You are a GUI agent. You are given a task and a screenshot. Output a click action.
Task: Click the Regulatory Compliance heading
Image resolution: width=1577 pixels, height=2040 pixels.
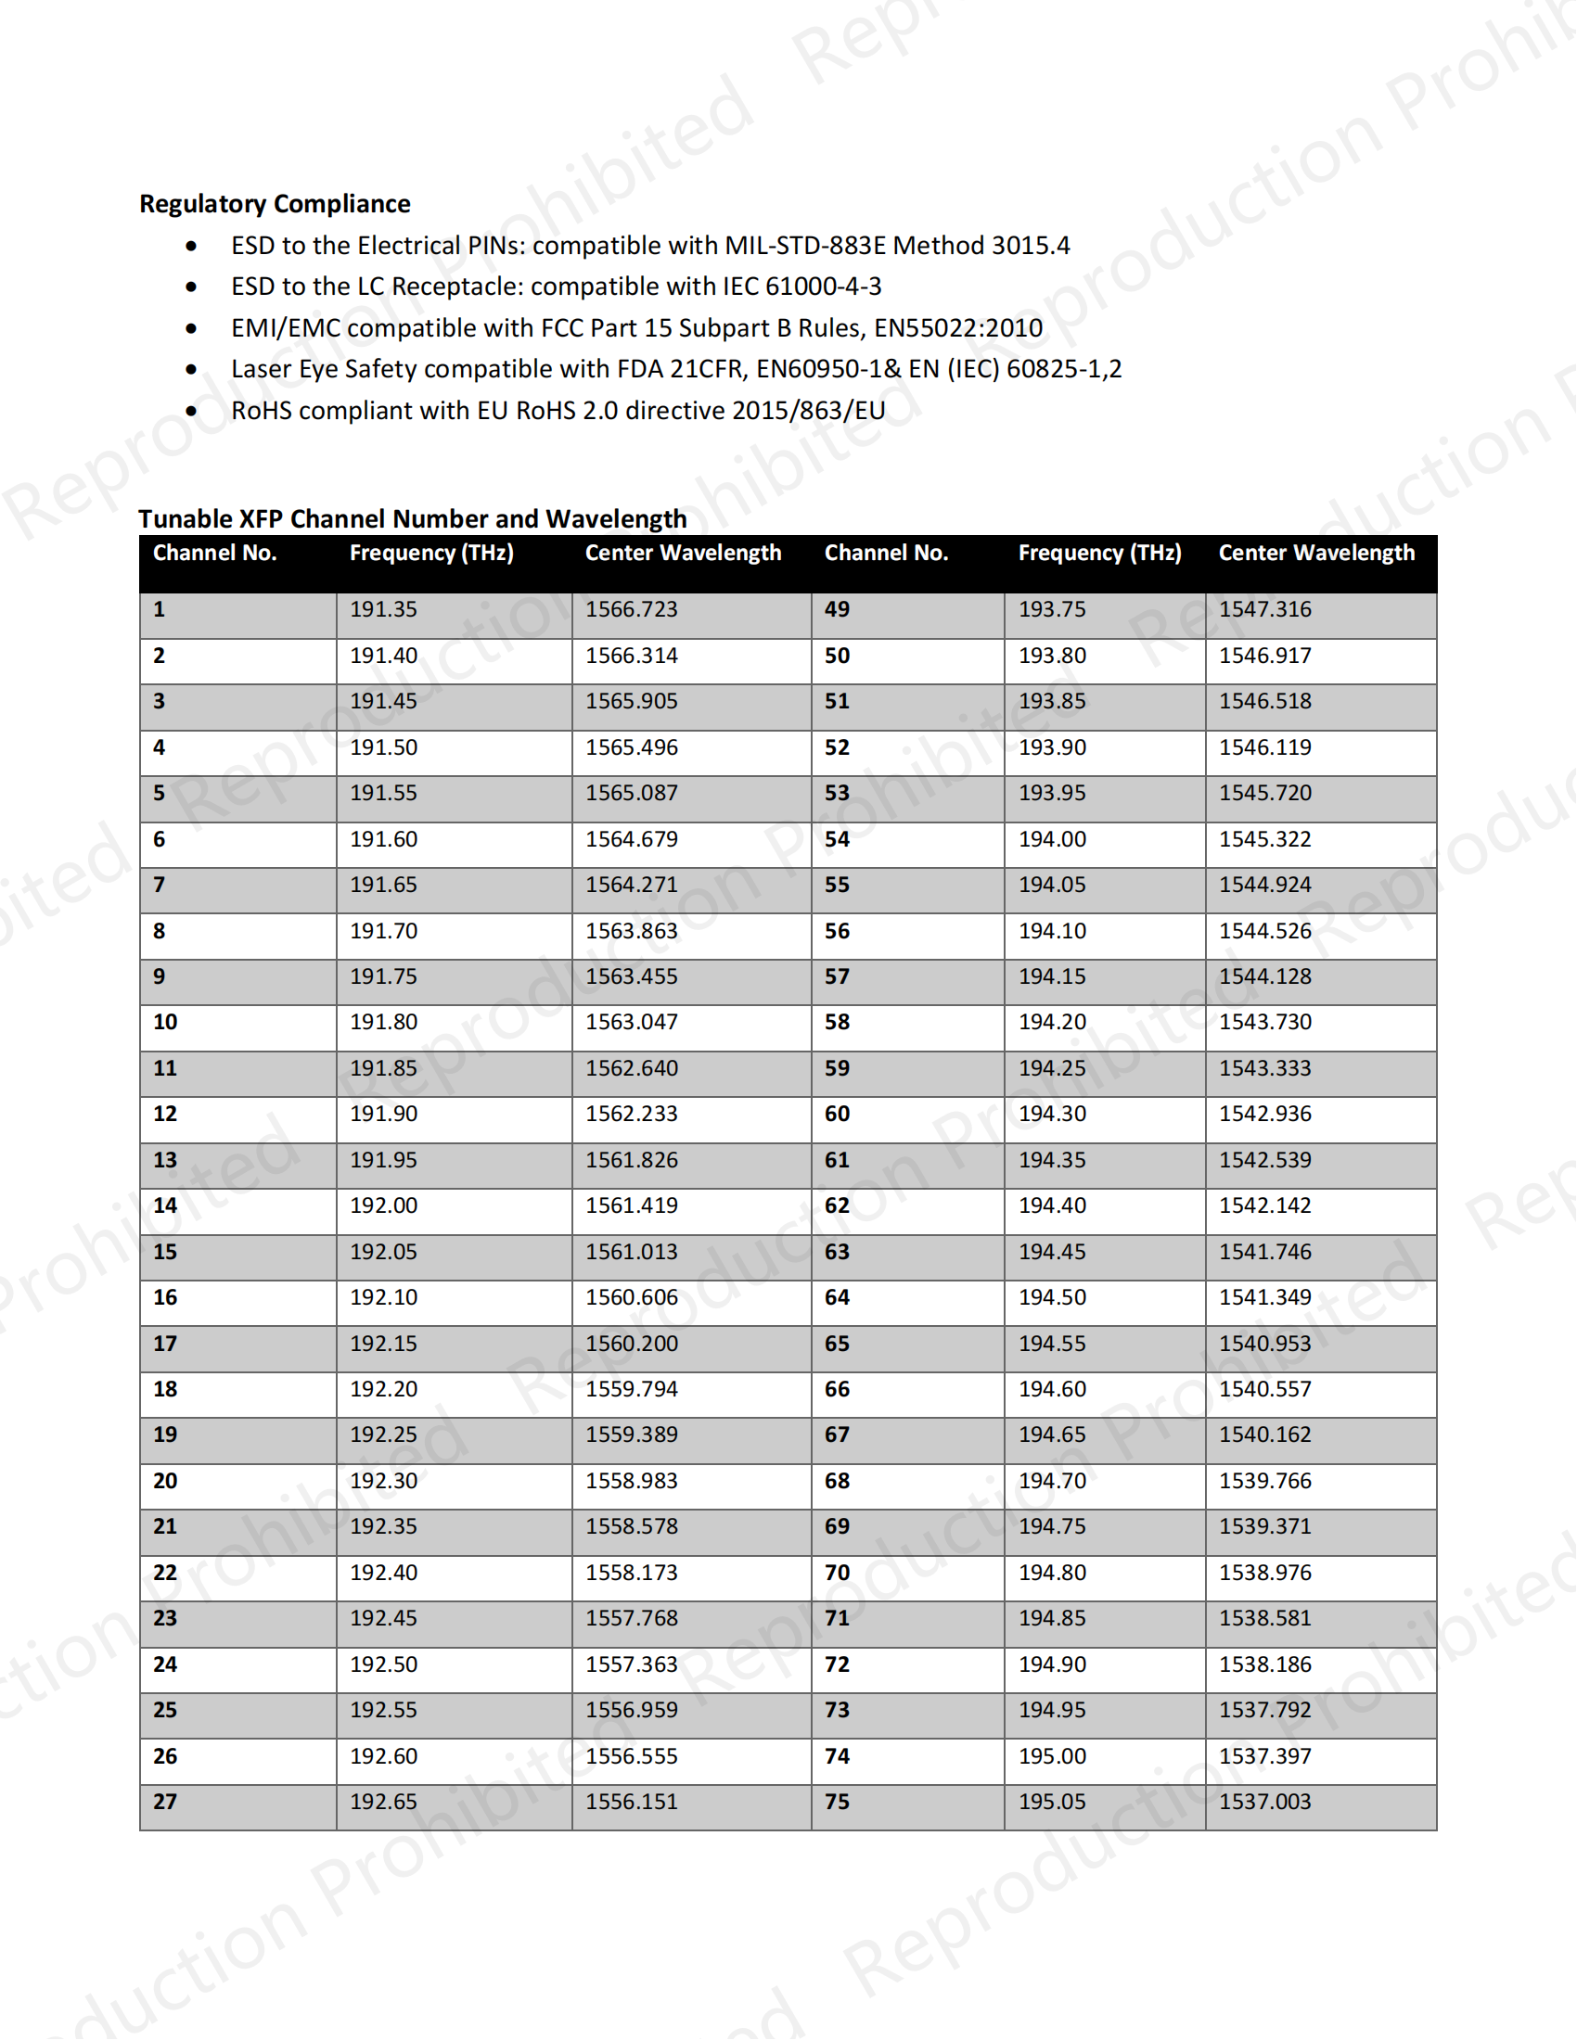[x=275, y=204]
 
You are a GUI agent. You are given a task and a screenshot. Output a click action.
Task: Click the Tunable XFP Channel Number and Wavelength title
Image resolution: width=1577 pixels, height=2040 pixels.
[x=412, y=518]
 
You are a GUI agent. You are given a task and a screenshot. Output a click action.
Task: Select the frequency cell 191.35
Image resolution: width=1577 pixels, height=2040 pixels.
[x=383, y=610]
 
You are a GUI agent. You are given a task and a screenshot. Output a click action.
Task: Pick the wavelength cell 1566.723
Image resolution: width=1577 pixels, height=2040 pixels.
[x=632, y=610]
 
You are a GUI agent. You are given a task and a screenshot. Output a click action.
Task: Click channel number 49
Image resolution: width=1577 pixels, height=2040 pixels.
[x=836, y=610]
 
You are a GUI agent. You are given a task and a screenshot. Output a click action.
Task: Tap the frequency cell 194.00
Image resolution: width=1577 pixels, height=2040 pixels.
[x=1052, y=840]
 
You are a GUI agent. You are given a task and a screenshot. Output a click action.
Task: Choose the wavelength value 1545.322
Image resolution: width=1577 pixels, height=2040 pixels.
[x=1265, y=840]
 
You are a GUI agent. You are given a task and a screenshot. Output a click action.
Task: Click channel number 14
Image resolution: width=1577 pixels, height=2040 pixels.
[x=165, y=1205]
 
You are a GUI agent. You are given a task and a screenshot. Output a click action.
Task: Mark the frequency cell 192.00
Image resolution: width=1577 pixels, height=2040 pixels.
[x=383, y=1205]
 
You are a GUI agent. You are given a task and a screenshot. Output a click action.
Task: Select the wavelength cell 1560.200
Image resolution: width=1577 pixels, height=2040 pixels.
[x=632, y=1345]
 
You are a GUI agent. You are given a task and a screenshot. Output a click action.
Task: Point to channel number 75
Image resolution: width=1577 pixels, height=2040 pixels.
[x=836, y=1802]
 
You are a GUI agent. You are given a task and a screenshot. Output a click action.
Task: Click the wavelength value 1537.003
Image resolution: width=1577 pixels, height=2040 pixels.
[x=1265, y=1802]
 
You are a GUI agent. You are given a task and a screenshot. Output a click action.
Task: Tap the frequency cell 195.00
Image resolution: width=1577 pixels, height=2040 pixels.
[x=1052, y=1757]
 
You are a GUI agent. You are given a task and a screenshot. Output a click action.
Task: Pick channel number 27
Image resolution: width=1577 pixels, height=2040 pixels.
[x=165, y=1802]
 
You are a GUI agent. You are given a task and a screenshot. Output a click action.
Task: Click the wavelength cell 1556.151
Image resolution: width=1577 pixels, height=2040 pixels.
[x=632, y=1802]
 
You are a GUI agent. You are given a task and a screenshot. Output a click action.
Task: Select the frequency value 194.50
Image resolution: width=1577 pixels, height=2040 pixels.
[x=1052, y=1297]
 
